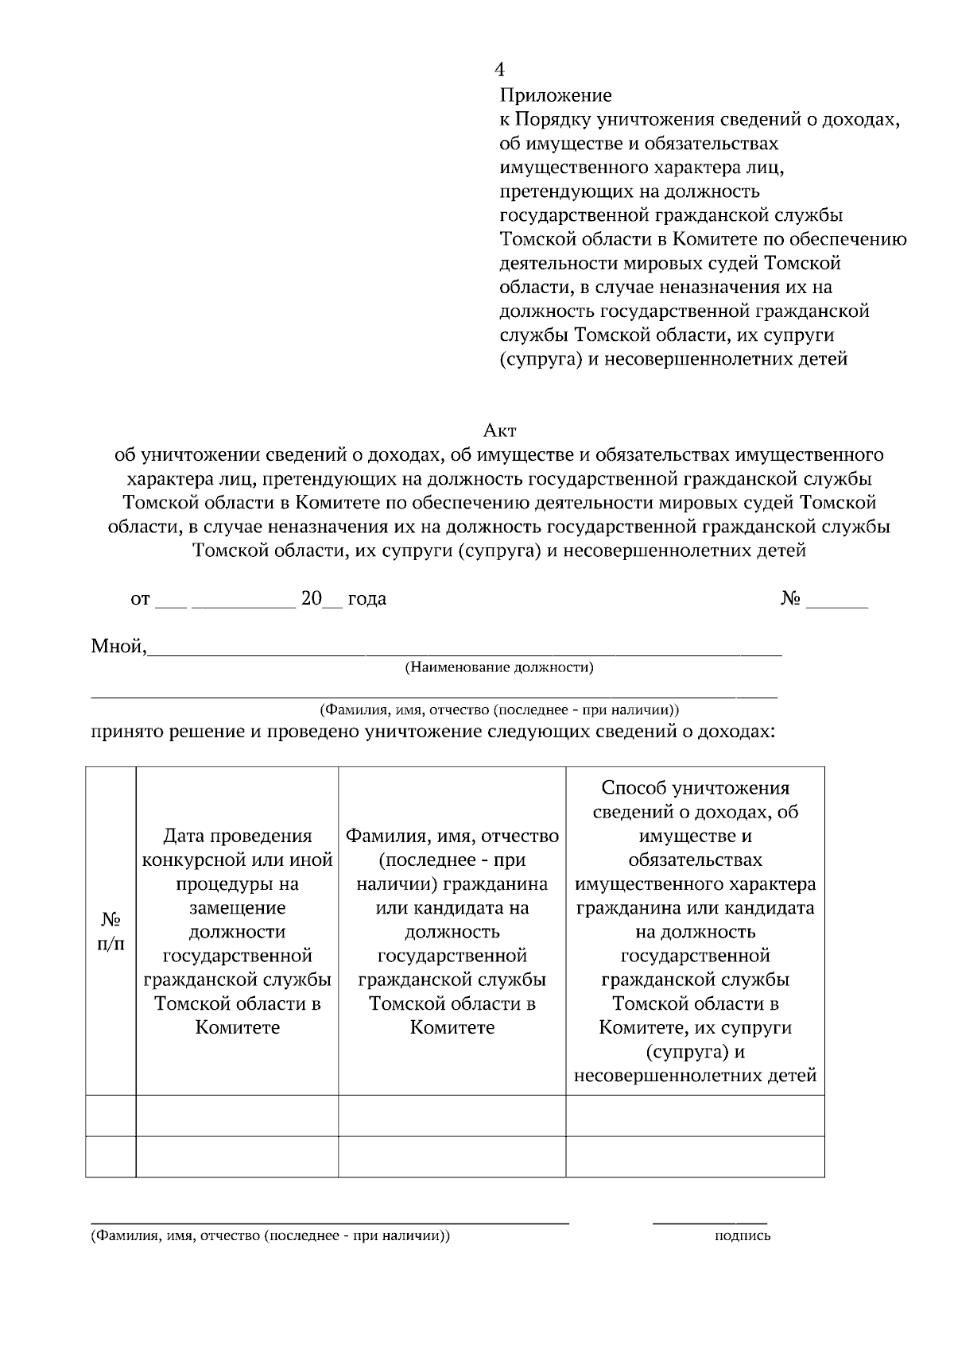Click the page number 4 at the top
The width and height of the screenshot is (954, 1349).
[499, 70]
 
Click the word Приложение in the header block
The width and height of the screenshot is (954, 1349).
[556, 96]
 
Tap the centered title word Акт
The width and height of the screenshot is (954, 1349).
[500, 431]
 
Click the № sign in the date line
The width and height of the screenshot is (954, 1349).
[790, 599]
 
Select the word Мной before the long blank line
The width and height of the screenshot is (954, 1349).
[118, 647]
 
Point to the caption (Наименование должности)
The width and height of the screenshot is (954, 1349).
[499, 667]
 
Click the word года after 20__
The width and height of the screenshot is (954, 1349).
[366, 599]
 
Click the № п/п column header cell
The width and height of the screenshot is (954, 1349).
[111, 931]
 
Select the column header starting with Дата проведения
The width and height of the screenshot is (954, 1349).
[237, 931]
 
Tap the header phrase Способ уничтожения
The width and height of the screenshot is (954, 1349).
[695, 788]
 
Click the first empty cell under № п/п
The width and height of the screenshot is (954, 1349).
[111, 1115]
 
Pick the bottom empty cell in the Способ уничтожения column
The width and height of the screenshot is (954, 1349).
[695, 1157]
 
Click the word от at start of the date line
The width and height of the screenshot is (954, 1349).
[140, 599]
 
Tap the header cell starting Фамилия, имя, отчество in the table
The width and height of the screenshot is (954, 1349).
[452, 931]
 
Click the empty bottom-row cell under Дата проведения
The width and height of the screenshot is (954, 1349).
[237, 1157]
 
